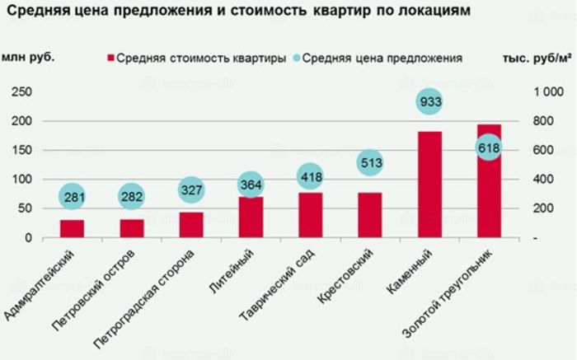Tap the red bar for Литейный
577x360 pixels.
251,217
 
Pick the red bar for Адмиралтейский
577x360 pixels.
73,228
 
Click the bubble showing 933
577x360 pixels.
430,102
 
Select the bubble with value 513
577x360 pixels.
370,162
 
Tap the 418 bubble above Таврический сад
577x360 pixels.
311,175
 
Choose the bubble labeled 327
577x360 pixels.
191,189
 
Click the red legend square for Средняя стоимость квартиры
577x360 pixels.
110,58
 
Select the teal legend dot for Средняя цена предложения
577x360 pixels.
296,58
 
